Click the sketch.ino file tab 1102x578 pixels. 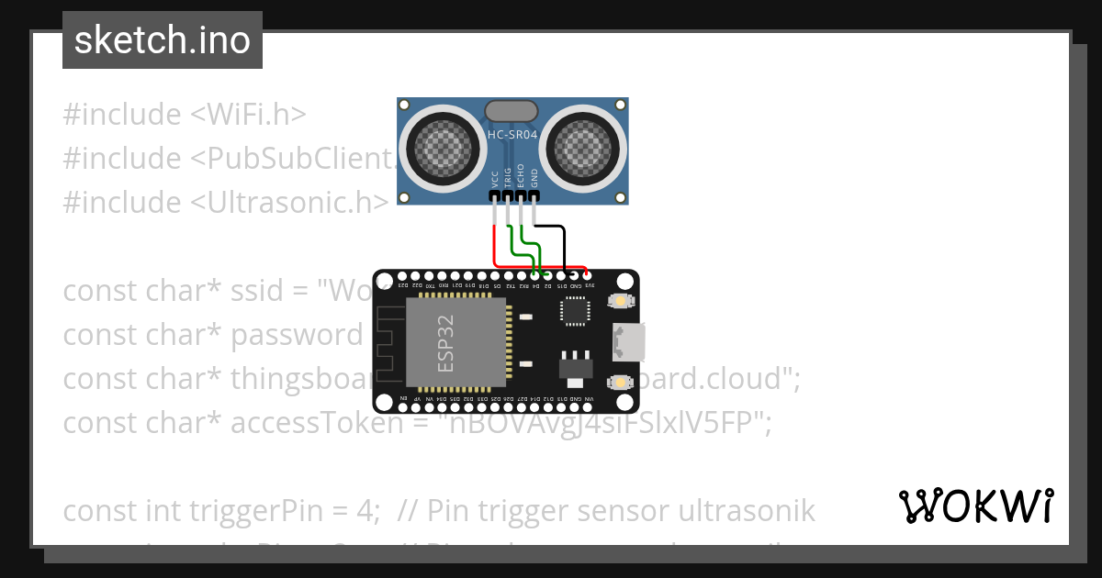coord(163,40)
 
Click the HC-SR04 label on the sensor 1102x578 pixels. coord(512,135)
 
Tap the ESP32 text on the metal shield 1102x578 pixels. coord(446,343)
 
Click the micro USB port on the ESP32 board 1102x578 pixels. coord(631,341)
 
